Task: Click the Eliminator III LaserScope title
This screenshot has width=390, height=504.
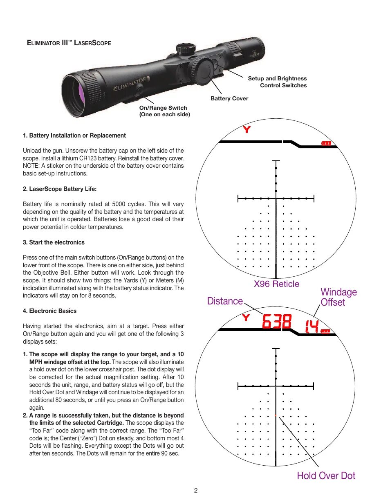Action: [69, 43]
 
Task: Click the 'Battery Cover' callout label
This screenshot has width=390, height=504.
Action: [229, 98]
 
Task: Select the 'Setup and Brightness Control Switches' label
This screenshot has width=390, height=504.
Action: [278, 82]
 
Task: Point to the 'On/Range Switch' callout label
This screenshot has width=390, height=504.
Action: [163, 108]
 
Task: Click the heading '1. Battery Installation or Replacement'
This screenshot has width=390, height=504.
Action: [74, 135]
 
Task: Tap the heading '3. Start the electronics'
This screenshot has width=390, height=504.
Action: [54, 242]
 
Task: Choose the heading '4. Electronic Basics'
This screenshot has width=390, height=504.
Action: [49, 311]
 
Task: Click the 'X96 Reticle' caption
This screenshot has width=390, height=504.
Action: [276, 284]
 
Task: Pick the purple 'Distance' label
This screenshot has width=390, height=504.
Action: [225, 301]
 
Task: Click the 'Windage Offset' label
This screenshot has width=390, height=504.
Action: [338, 297]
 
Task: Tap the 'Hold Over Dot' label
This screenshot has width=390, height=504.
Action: [326, 476]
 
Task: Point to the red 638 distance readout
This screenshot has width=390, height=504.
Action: [277, 322]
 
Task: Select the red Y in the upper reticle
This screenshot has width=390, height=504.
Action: [247, 130]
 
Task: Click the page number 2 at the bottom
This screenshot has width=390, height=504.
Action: [196, 491]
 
